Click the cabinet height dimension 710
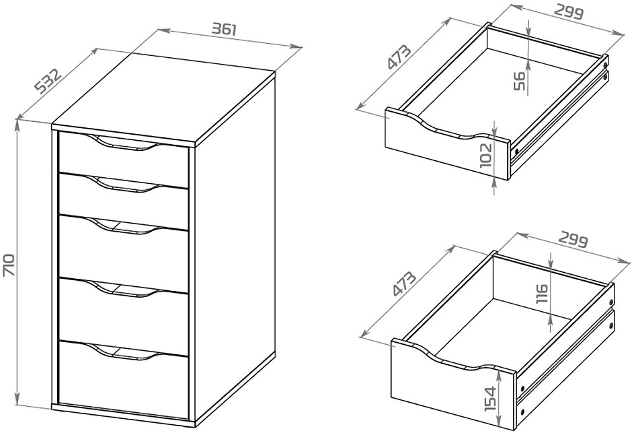click(x=9, y=265)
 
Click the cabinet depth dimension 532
click(x=48, y=81)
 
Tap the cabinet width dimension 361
click(x=224, y=29)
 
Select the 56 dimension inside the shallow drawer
click(x=520, y=81)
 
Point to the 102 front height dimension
click(x=487, y=155)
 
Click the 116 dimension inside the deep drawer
click(x=542, y=294)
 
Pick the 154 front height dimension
click(x=489, y=398)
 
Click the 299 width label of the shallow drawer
click(x=568, y=12)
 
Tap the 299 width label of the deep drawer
click(x=573, y=240)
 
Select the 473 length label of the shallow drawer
click(x=399, y=57)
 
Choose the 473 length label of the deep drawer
click(x=403, y=284)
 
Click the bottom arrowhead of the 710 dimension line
click(x=17, y=399)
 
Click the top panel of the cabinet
click(x=163, y=99)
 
